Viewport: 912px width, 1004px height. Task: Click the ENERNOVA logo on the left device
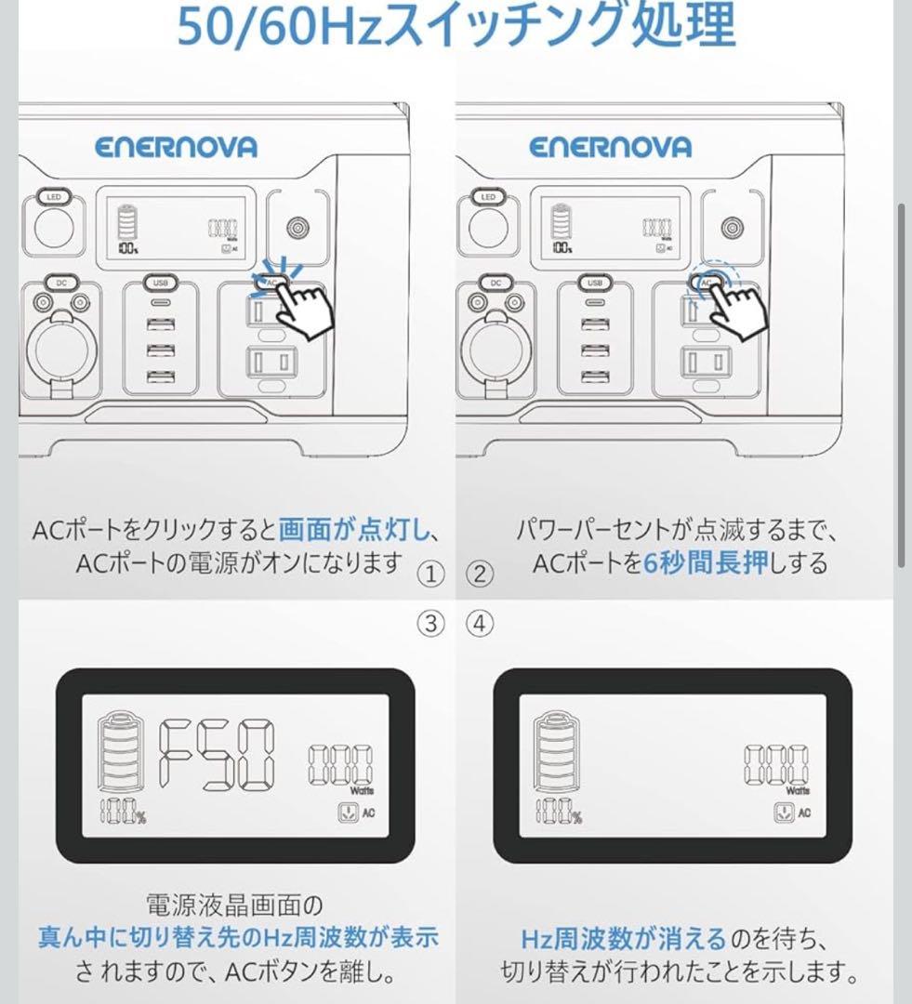click(x=175, y=147)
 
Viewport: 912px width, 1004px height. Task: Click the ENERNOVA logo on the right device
click(x=611, y=147)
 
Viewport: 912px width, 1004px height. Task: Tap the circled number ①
click(x=430, y=574)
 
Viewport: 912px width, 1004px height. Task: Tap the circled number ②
click(x=480, y=574)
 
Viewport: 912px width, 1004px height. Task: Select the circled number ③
click(x=430, y=624)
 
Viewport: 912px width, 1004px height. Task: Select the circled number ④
click(x=480, y=624)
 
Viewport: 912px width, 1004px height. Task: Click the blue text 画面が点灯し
click(x=354, y=531)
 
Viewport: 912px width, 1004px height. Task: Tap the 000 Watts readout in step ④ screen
click(x=775, y=767)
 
